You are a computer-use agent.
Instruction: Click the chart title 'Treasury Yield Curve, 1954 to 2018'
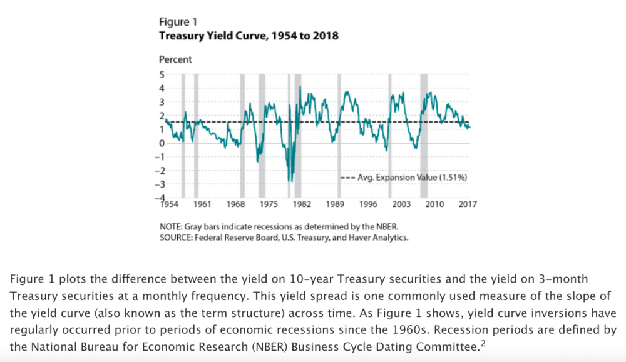click(x=249, y=36)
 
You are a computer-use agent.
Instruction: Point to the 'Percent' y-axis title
click(x=176, y=60)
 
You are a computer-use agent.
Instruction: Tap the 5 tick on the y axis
click(x=162, y=74)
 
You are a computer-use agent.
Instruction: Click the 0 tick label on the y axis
click(x=162, y=143)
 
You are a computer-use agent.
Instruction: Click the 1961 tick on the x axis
click(x=202, y=204)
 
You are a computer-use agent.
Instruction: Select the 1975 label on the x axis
click(x=269, y=204)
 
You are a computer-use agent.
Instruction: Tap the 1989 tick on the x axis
click(x=336, y=204)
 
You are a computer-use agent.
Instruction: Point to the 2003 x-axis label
click(x=401, y=204)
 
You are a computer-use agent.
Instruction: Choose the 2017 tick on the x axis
click(x=466, y=204)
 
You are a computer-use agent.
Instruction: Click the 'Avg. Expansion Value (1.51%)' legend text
click(x=413, y=178)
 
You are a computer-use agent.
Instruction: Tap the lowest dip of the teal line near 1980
click(x=289, y=181)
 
